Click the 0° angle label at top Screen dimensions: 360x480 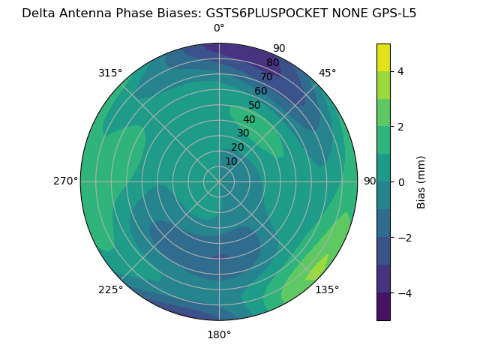pos(219,28)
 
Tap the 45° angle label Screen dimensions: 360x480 pos(328,73)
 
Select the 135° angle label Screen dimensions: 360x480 pos(327,289)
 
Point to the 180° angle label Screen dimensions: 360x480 pos(219,334)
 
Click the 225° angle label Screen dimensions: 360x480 pos(110,289)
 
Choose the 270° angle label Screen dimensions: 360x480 pos(65,181)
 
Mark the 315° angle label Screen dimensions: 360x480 pos(110,73)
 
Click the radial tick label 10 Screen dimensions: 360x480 pos(231,161)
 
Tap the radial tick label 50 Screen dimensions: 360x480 pos(254,105)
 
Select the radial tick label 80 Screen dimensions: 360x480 pos(272,62)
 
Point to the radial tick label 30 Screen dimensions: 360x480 pos(243,133)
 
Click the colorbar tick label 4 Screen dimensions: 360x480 pos(400,71)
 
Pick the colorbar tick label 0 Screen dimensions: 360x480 pos(400,181)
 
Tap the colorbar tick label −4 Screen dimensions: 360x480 pos(403,292)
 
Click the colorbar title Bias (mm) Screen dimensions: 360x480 pos(421,181)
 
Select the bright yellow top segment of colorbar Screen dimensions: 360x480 pos(383,57)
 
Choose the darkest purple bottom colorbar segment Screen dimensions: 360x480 pos(383,307)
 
